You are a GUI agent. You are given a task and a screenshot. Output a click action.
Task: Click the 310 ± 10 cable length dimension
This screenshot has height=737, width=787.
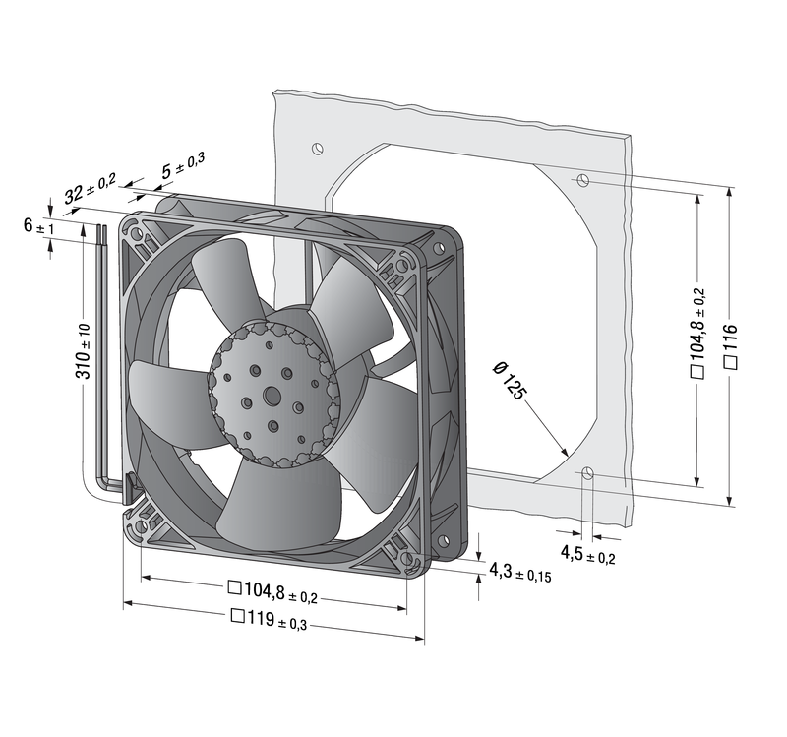click(x=85, y=351)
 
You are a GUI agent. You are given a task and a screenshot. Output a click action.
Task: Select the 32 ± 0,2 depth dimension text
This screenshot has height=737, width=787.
click(x=90, y=187)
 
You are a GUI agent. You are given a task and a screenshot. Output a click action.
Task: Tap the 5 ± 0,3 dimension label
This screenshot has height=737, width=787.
click(x=183, y=165)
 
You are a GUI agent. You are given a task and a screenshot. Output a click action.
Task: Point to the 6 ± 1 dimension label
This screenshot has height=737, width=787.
click(x=38, y=226)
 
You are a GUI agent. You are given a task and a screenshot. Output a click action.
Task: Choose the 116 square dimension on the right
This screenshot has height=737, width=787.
click(x=731, y=346)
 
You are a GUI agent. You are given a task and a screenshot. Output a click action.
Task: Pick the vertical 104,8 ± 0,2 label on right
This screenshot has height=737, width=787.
click(x=698, y=333)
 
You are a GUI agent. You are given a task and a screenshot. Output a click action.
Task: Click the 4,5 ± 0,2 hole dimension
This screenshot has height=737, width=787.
click(x=587, y=555)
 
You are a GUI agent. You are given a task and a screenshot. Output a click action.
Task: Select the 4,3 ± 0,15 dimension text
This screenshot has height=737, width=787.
click(x=520, y=573)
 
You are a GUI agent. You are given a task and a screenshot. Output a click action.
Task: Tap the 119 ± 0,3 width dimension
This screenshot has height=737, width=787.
click(x=269, y=620)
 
